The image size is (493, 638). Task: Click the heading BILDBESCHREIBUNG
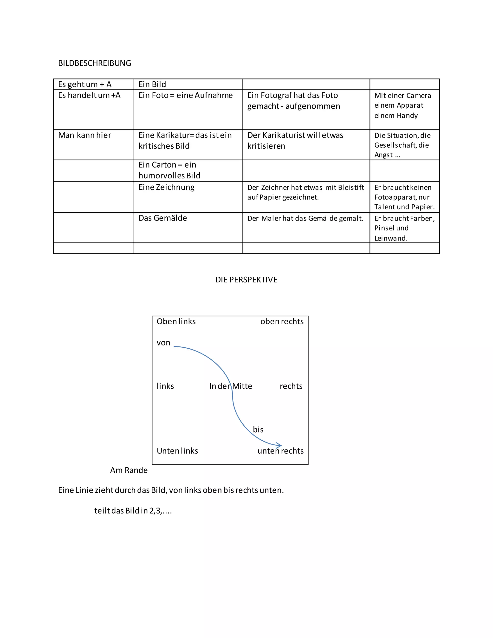(x=95, y=63)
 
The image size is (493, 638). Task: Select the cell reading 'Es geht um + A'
(x=85, y=85)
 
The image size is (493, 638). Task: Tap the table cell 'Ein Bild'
(x=152, y=85)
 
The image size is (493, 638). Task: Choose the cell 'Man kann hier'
(x=85, y=135)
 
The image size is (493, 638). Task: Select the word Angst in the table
(x=383, y=155)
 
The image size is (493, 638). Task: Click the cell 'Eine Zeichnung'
(x=167, y=187)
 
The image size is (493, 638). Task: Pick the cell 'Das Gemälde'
(x=163, y=218)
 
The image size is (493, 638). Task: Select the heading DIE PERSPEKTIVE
(x=246, y=280)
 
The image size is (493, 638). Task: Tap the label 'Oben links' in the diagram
(x=176, y=322)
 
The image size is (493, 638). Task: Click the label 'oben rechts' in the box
(x=282, y=322)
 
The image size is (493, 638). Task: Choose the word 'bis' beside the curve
(x=258, y=430)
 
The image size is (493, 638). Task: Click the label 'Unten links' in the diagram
(x=177, y=451)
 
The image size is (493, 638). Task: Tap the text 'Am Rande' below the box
(x=129, y=470)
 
